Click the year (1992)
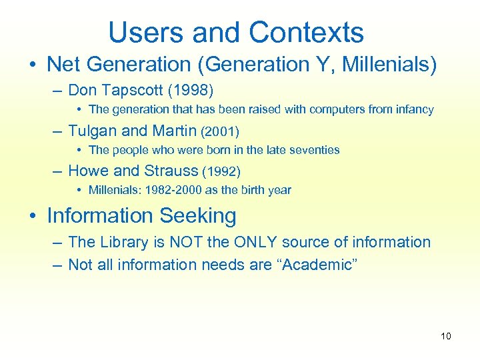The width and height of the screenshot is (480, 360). point(221,171)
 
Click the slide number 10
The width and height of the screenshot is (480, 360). point(446,336)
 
